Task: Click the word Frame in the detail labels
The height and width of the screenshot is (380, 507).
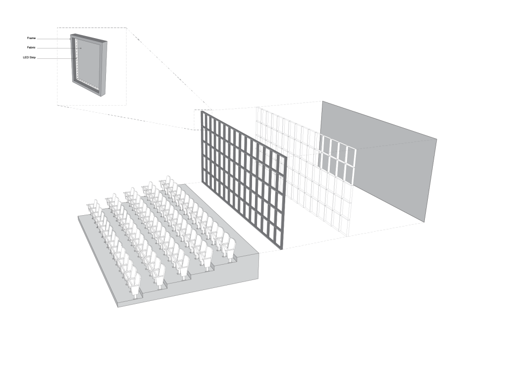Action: [31, 38]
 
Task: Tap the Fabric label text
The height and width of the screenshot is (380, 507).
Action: [31, 47]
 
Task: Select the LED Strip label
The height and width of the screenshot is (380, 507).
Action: [29, 57]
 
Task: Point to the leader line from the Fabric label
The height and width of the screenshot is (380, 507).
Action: [59, 48]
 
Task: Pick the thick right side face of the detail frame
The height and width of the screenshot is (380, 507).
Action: [103, 68]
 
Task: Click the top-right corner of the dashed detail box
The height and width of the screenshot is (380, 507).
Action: [126, 28]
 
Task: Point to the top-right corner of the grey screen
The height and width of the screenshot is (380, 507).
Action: [437, 139]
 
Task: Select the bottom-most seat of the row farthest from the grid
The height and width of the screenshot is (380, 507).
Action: [136, 285]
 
